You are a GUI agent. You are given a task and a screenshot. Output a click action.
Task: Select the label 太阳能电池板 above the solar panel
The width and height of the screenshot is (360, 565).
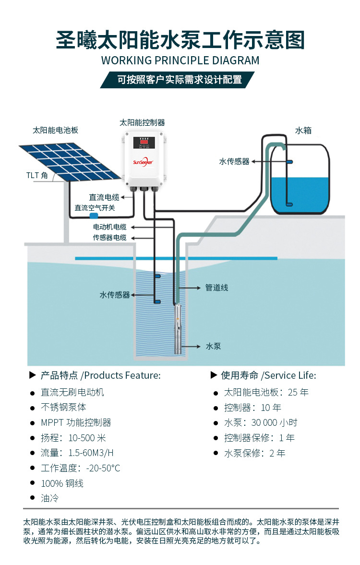(55, 130)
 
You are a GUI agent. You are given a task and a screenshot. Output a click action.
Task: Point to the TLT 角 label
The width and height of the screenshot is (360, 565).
(37, 175)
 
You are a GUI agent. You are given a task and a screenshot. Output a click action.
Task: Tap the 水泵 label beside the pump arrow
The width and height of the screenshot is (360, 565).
(213, 346)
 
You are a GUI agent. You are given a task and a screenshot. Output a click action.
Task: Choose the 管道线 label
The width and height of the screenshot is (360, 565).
(216, 288)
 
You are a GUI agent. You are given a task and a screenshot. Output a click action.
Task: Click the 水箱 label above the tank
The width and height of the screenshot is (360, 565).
(303, 130)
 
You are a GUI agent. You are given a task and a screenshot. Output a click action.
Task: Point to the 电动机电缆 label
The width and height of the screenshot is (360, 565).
(110, 227)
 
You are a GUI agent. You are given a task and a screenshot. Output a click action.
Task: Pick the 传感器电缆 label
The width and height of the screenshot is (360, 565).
(110, 238)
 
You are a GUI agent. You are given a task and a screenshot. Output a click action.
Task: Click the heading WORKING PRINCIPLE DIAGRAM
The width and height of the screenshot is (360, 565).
(180, 60)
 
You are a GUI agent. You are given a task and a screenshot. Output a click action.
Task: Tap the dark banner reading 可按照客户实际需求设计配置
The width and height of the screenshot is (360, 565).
(180, 80)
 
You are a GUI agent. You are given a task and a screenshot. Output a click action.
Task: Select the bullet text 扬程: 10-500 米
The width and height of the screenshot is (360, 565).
(73, 438)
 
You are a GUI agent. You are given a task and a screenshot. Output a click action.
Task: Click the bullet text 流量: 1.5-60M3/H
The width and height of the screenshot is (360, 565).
(77, 453)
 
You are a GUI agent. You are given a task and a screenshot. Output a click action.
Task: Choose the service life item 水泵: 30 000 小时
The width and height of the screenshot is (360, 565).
(261, 422)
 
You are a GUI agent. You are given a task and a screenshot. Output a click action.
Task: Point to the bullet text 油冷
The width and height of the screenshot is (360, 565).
(49, 498)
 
